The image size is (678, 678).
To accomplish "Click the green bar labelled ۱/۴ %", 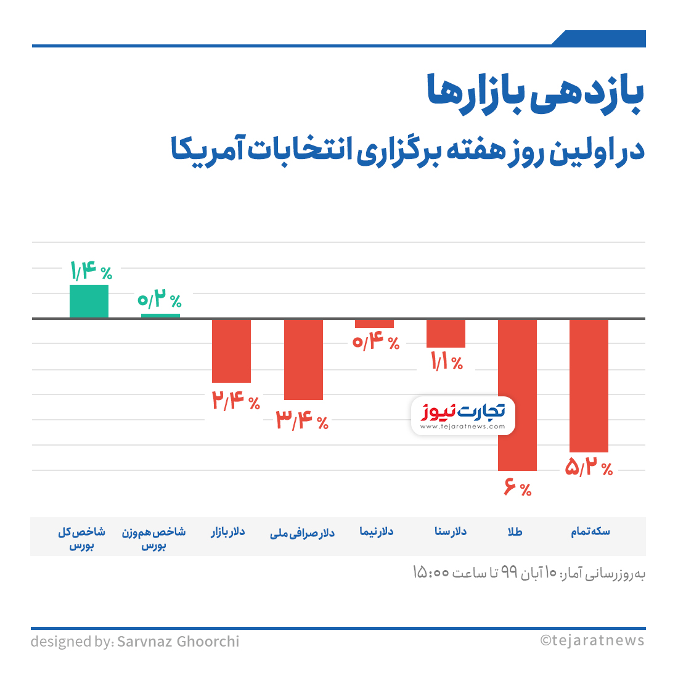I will tap(89, 301).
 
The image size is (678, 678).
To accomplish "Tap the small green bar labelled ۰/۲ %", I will tap(160, 316).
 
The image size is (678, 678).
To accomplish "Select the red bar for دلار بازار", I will tap(231, 351).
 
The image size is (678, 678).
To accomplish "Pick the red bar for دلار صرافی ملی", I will tap(303, 359).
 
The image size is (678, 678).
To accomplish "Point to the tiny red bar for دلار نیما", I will tap(374, 324).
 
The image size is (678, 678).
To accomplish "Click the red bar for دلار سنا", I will tap(446, 333).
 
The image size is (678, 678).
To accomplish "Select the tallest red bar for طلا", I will tap(517, 394).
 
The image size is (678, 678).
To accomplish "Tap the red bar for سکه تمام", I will tap(589, 385).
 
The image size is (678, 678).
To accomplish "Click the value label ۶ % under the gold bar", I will tap(518, 489).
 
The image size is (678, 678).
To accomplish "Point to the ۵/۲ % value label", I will tap(589, 468).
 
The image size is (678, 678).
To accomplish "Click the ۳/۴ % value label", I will tap(302, 421).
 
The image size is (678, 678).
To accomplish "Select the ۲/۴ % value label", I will tap(235, 401).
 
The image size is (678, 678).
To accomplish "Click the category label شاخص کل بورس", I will tap(81, 538).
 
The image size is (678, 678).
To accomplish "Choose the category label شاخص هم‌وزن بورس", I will tap(153, 538).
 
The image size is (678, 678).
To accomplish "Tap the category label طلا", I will tap(515, 532).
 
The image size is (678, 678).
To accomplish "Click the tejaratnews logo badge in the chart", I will tap(463, 415).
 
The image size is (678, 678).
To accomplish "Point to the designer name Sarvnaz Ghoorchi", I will tap(178, 642).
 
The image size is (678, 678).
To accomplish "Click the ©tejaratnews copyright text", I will tap(592, 640).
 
